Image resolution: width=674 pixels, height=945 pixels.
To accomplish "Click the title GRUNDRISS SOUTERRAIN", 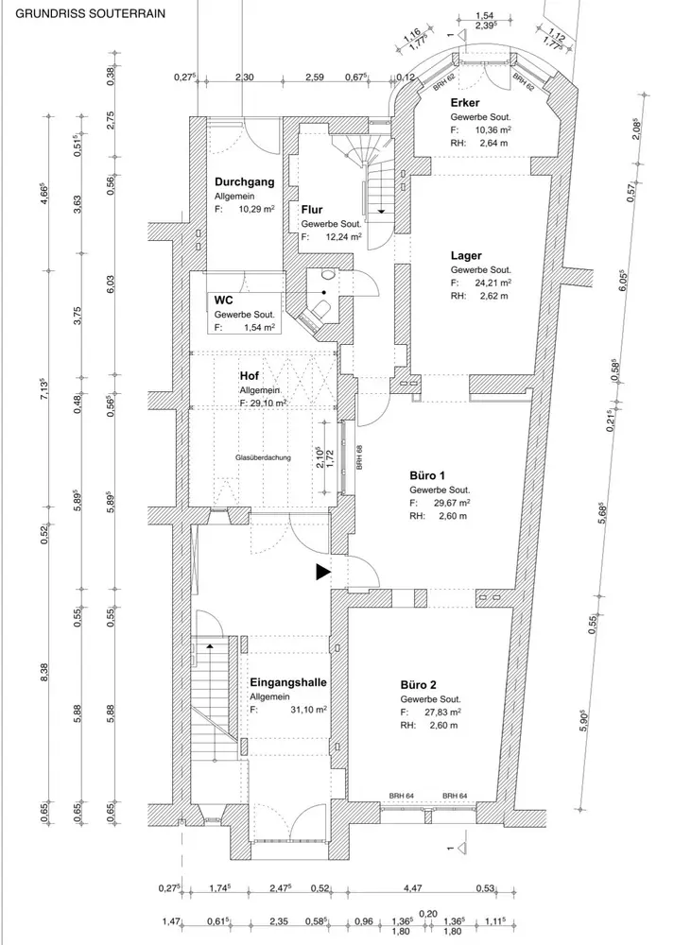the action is tap(90, 13).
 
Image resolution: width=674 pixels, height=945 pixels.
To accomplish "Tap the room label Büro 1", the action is tap(427, 476).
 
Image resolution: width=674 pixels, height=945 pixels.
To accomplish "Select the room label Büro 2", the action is tap(419, 685).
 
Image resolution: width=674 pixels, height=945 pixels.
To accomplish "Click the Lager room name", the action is tap(466, 256).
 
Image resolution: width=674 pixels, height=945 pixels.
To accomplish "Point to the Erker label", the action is tap(465, 103).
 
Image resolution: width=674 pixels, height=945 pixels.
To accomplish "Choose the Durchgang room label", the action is tap(245, 182).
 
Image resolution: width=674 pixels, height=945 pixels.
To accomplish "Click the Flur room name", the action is tap(312, 210).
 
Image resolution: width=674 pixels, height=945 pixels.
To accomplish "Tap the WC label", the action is tap(223, 301).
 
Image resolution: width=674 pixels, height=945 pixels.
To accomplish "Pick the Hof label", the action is tap(250, 376).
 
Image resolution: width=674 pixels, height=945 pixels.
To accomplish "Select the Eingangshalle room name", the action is tap(288, 683).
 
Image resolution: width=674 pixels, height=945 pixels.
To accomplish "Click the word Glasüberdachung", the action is tap(263, 457).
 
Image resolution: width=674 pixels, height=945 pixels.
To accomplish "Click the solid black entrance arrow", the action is tap(323, 573).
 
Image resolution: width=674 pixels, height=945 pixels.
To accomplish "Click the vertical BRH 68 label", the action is tap(359, 456).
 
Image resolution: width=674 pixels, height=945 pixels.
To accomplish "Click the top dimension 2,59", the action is tap(315, 77).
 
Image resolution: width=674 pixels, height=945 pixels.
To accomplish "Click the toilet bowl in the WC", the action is tap(322, 310).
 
